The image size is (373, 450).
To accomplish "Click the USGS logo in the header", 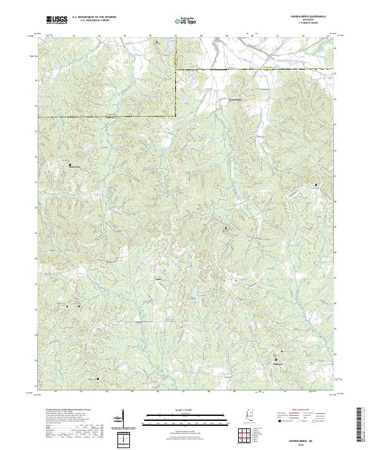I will [57, 19].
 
